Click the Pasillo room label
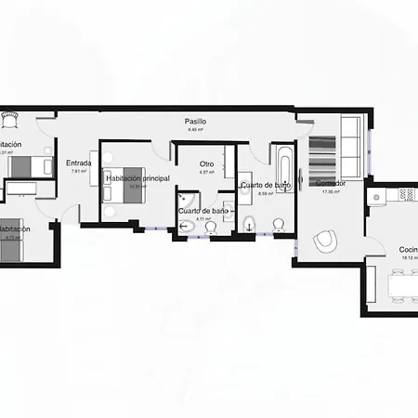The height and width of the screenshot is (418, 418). [195, 122]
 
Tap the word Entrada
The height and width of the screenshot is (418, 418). [78, 163]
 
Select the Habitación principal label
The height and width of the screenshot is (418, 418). [137, 178]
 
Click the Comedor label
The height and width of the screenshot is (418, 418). [331, 183]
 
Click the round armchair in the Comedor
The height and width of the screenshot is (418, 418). [325, 241]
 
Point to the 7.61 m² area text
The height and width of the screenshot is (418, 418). [78, 172]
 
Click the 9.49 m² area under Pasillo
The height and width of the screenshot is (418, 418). [195, 130]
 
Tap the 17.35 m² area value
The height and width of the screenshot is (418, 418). [331, 191]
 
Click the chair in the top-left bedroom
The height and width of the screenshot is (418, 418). [10, 120]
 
